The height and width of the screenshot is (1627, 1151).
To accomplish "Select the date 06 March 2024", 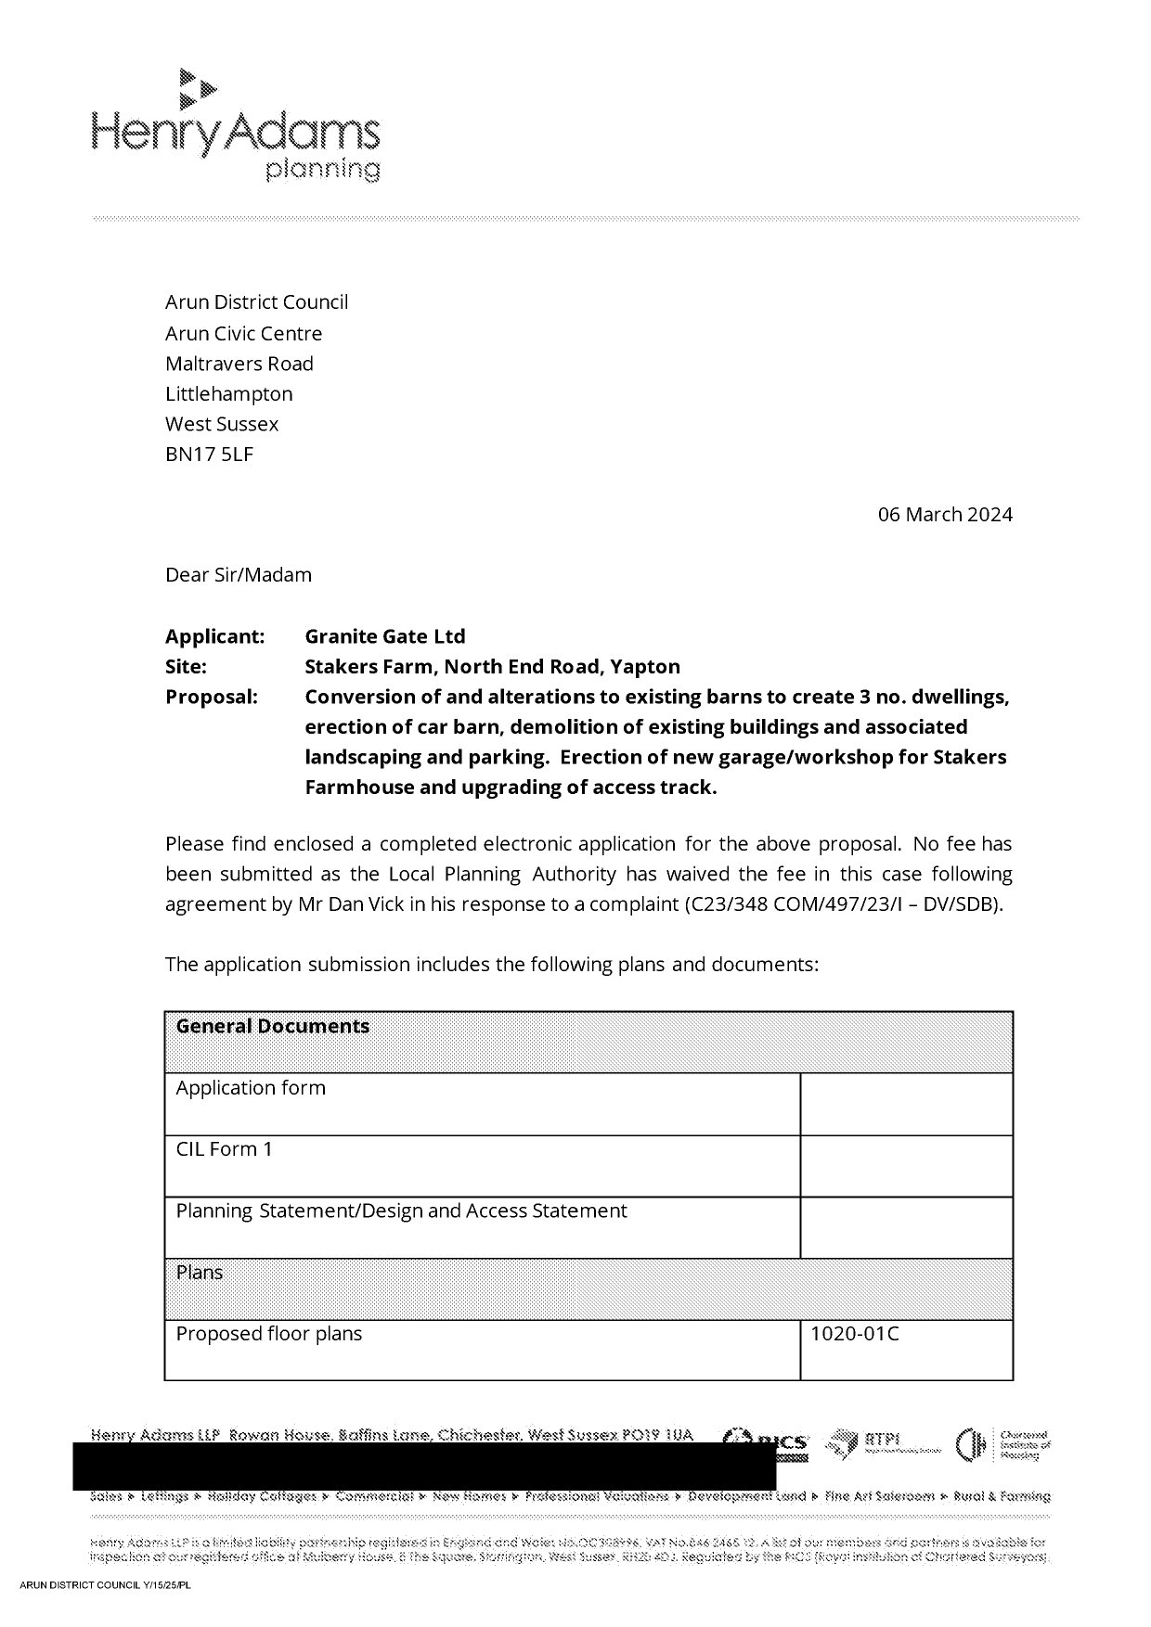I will click(x=945, y=515).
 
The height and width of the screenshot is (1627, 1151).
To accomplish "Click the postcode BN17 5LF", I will click(x=209, y=455).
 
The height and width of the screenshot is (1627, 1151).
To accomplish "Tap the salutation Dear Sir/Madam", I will click(x=239, y=575).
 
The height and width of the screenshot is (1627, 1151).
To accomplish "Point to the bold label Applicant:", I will click(x=214, y=637).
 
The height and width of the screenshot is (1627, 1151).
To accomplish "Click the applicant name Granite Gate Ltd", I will click(x=384, y=637).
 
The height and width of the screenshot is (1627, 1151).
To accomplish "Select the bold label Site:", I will click(x=186, y=667).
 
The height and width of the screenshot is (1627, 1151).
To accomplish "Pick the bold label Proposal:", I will click(x=211, y=698).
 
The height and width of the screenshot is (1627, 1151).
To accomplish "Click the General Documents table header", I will click(x=273, y=1027).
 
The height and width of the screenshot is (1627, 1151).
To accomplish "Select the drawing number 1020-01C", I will click(x=854, y=1335).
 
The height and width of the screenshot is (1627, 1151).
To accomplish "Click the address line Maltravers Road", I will click(x=239, y=364).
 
